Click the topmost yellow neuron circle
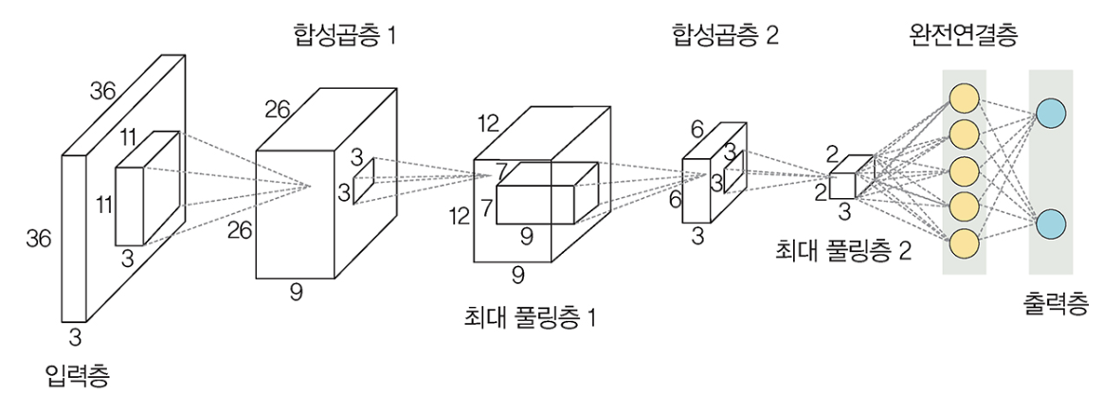click(x=963, y=98)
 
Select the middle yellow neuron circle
click(x=963, y=170)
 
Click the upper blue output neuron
click(x=1051, y=113)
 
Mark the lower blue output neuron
click(x=1051, y=226)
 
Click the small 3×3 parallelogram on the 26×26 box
click(x=364, y=181)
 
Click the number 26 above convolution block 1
click(x=277, y=111)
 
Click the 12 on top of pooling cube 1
click(x=488, y=123)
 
